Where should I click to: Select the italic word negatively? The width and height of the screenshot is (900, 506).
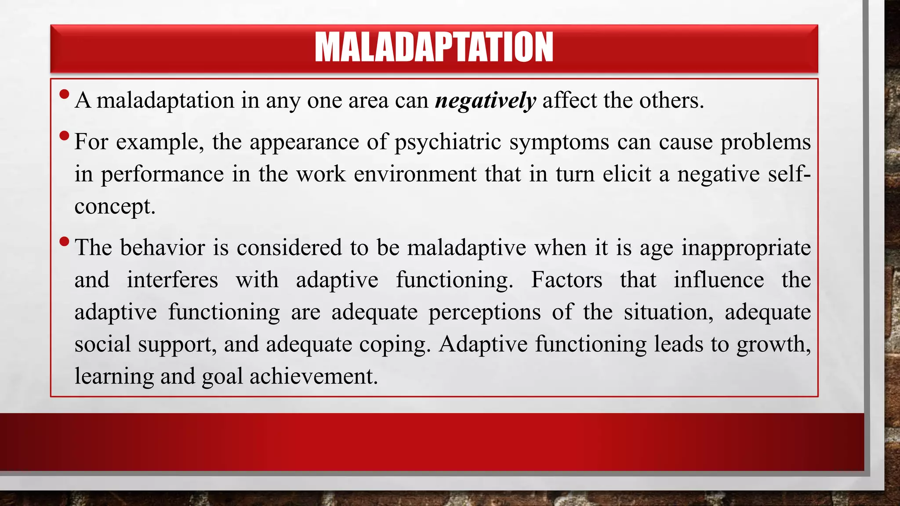click(485, 101)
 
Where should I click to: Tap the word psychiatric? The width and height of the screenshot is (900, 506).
click(448, 142)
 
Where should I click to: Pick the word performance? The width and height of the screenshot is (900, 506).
click(162, 174)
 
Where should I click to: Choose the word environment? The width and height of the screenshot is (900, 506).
click(415, 174)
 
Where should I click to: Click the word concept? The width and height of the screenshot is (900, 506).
click(114, 207)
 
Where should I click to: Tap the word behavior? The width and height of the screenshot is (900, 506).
click(162, 248)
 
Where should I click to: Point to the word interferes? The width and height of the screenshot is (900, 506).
click(172, 280)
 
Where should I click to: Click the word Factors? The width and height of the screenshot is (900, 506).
click(566, 280)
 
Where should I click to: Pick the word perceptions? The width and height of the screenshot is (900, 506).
click(484, 313)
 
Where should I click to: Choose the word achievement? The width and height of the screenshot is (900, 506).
click(313, 376)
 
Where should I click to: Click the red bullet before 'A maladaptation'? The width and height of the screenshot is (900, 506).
click(64, 94)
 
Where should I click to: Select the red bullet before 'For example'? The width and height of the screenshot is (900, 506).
click(64, 135)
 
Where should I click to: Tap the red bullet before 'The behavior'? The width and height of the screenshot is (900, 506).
click(64, 241)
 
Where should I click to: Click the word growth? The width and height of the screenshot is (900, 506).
click(773, 344)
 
